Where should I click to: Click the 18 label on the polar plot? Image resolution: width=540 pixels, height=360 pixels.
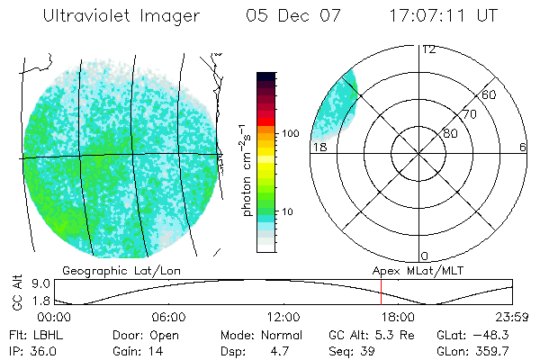click(319, 147)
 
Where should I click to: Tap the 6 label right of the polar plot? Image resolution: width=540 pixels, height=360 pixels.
click(523, 147)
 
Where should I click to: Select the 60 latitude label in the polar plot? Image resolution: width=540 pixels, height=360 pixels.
click(490, 95)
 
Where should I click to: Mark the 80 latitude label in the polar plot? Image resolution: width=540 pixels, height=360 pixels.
click(450, 134)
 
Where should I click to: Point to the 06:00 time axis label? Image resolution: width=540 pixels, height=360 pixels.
click(168, 317)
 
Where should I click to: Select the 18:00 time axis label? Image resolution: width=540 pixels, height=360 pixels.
click(398, 317)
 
